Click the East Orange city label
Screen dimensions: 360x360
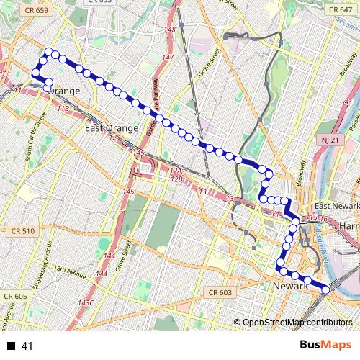point(111,128)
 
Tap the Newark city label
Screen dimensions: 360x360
point(291,287)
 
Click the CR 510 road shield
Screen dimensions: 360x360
point(23,231)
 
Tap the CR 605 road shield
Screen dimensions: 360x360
point(15,296)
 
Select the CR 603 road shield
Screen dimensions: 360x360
point(220,292)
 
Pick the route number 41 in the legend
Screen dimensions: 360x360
point(28,346)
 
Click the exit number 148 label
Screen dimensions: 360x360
point(170,30)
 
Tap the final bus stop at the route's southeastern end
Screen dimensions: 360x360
point(326,289)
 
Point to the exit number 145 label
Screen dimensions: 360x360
point(129,192)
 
